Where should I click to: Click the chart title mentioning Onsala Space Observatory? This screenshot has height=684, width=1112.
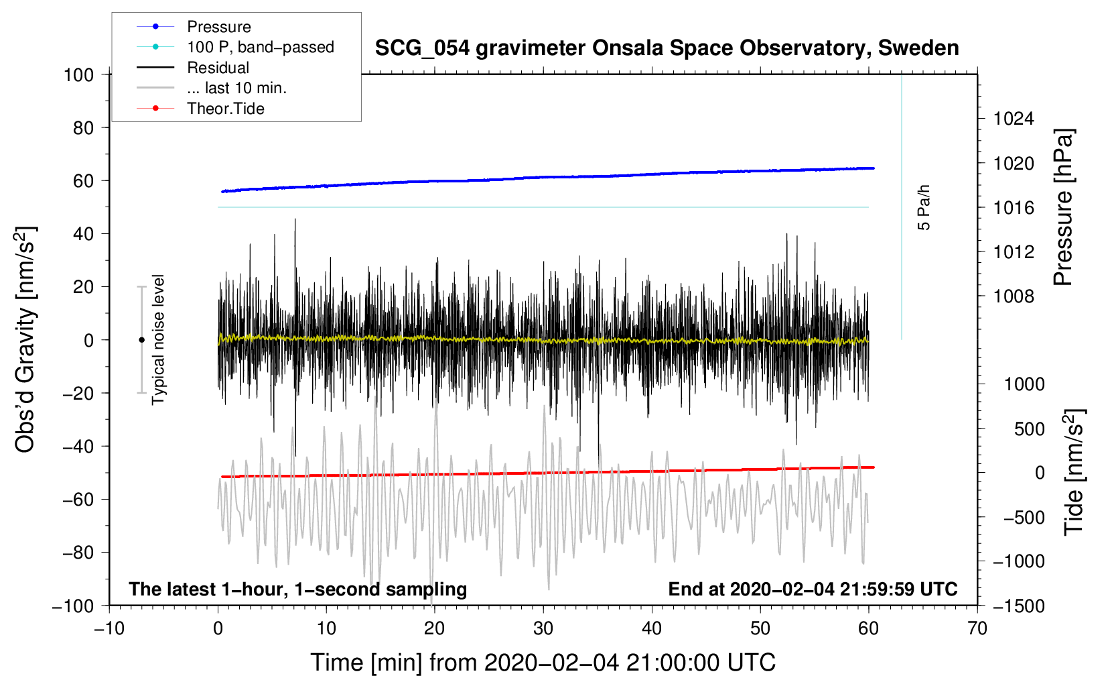pos(667,48)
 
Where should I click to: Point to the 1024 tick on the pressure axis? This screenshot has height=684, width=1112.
pos(1014,119)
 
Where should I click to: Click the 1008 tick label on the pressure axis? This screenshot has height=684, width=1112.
pos(1014,296)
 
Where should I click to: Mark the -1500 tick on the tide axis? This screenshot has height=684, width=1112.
pos(1019,606)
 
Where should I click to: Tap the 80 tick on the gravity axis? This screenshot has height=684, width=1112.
pos(83,128)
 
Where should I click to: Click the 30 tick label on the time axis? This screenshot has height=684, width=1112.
pos(543,629)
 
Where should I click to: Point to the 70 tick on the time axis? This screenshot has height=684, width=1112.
pos(977,629)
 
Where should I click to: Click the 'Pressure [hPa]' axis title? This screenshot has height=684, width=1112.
pos(1063,207)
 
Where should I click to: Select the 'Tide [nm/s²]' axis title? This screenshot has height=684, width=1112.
pos(1074,472)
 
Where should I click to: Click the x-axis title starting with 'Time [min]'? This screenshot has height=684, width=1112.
pos(543,663)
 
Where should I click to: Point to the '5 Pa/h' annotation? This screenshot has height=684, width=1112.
pos(923,207)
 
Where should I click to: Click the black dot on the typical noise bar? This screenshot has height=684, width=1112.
pos(141,340)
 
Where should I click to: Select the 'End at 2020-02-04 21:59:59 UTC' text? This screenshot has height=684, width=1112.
pos(813,589)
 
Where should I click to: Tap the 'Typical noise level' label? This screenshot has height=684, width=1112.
pos(158,339)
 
